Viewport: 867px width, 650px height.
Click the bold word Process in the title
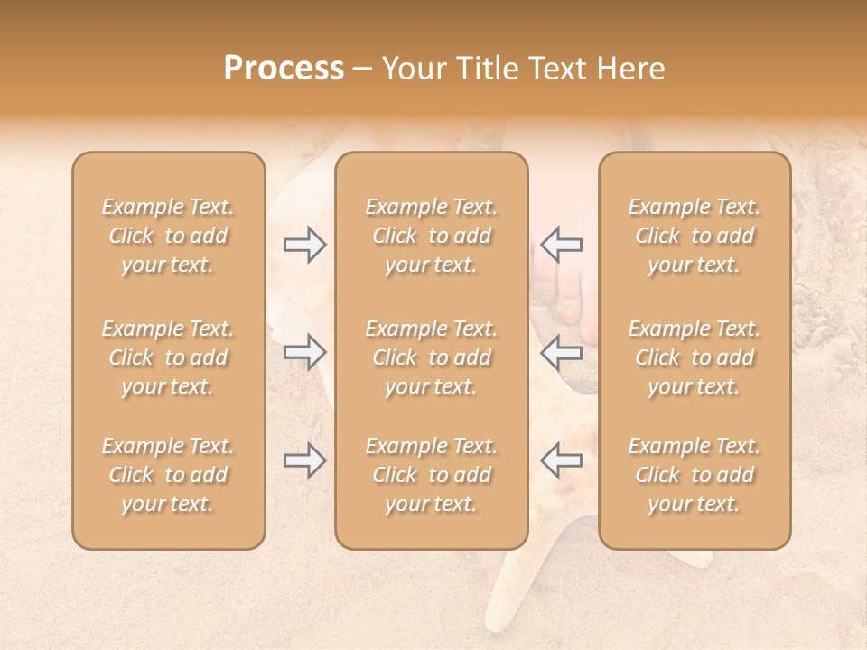click(284, 68)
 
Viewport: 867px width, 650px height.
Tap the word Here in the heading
click(629, 68)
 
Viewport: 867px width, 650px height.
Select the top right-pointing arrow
click(304, 245)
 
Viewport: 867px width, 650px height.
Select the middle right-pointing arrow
click(304, 352)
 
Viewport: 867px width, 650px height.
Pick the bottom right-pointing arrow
click(304, 460)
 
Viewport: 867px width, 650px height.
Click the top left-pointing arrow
click(561, 245)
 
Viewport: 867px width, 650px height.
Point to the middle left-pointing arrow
click(561, 352)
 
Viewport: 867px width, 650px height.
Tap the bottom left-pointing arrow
click(561, 460)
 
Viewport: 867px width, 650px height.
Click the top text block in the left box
click(168, 236)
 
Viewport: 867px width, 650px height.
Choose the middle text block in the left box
click(168, 357)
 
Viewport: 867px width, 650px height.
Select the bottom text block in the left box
click(168, 475)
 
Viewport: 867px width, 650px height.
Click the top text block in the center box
click(431, 236)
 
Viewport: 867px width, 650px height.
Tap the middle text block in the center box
click(431, 357)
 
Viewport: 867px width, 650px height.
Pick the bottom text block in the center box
click(431, 475)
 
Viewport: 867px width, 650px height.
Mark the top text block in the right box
click(695, 236)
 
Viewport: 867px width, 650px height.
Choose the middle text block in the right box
click(695, 357)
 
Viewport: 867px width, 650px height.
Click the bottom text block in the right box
click(695, 475)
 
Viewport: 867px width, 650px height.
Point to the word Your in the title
click(411, 68)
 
